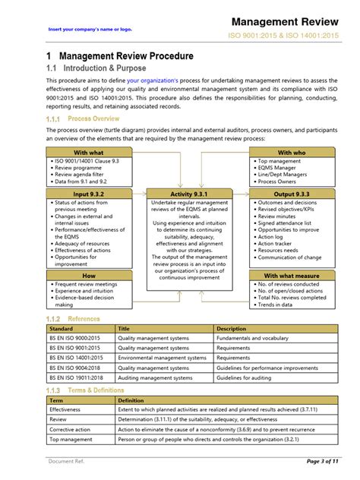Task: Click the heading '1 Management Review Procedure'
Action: [119, 56]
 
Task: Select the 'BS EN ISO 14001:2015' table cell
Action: [76, 357]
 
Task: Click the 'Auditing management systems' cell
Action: [156, 377]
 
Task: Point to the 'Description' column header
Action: [232, 329]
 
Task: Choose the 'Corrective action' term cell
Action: [71, 428]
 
